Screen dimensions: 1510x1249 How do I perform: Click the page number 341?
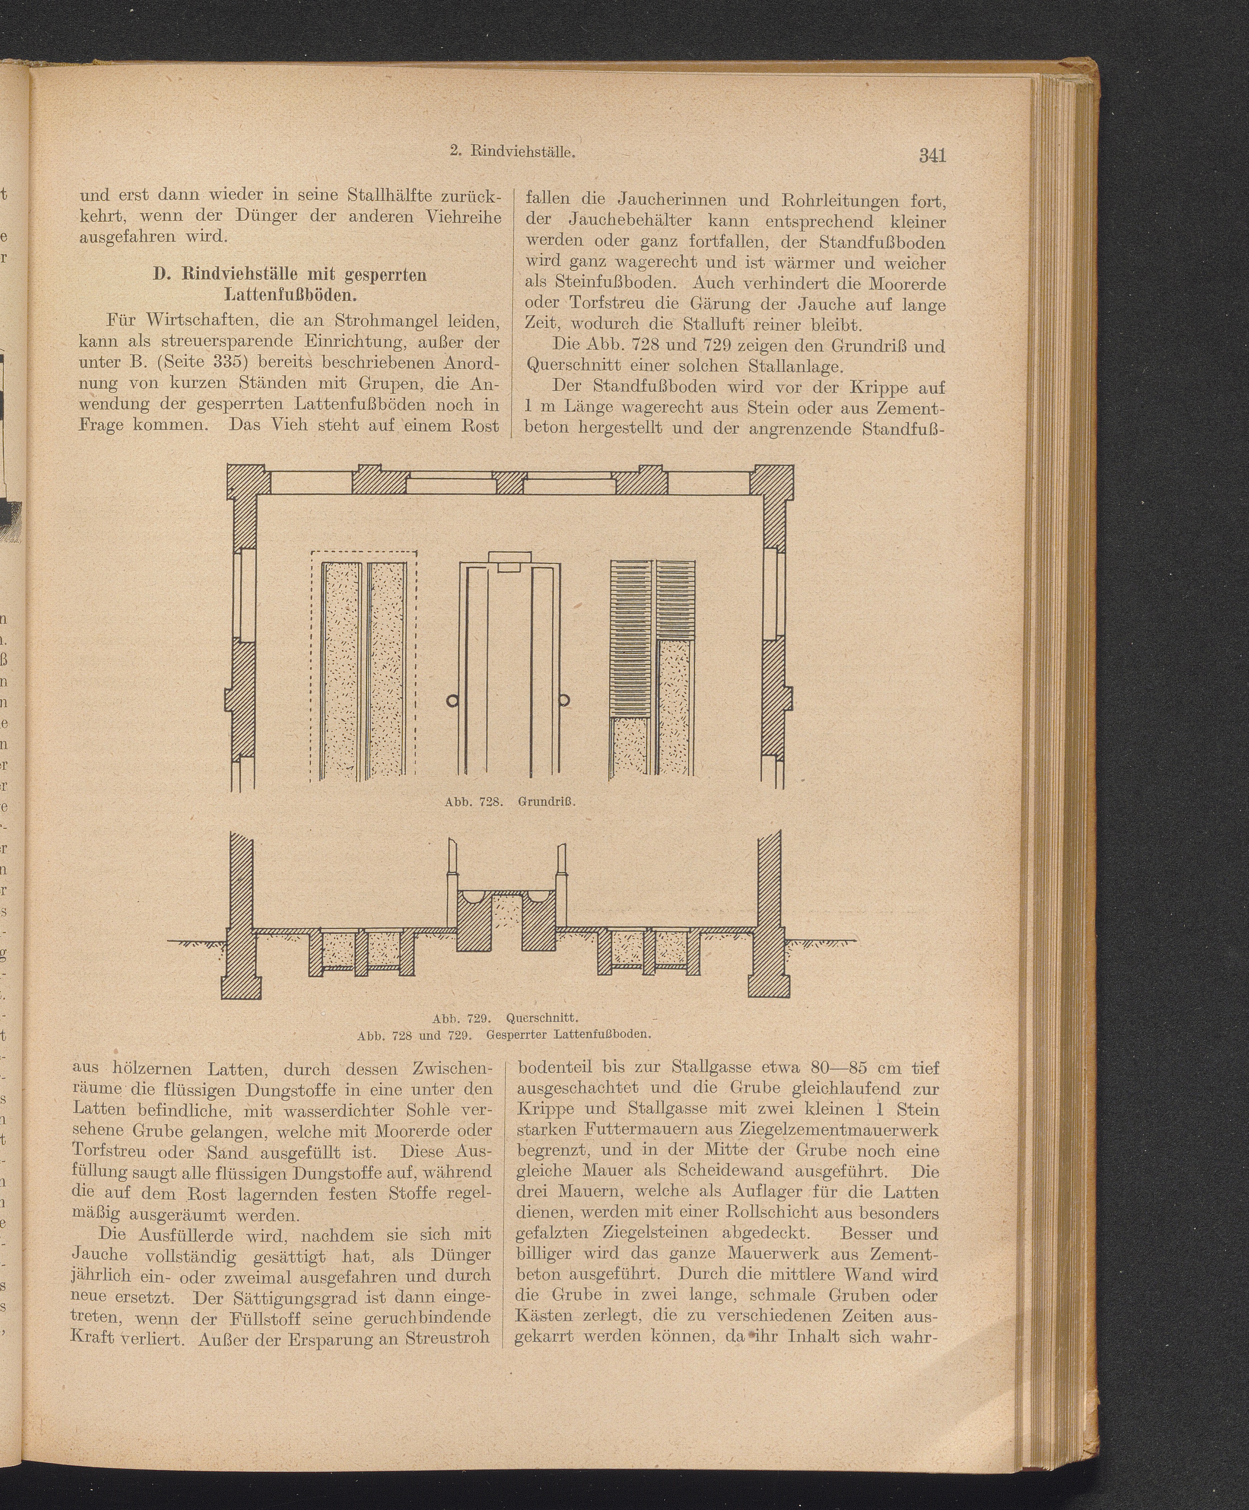pos(932,155)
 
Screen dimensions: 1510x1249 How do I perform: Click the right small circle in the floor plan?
pos(565,701)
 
